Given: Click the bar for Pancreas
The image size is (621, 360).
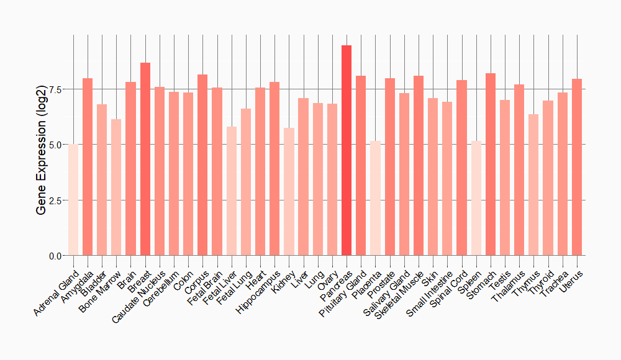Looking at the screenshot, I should pyautogui.click(x=347, y=150).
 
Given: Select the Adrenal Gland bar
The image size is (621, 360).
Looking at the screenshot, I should pyautogui.click(x=73, y=199).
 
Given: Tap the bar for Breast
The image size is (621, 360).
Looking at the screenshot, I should pyautogui.click(x=145, y=159).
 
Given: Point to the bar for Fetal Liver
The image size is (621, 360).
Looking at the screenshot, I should pyautogui.click(x=232, y=191).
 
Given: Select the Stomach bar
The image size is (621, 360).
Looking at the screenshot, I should pyautogui.click(x=491, y=164).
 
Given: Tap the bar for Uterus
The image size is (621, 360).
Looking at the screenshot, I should pyautogui.click(x=577, y=167).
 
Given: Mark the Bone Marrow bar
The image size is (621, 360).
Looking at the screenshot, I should pyautogui.click(x=116, y=187).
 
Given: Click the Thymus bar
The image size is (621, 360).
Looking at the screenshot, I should pyautogui.click(x=533, y=184).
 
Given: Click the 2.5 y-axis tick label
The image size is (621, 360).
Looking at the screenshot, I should pyautogui.click(x=55, y=200).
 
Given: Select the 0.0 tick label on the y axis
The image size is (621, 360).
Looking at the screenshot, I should pyautogui.click(x=55, y=256).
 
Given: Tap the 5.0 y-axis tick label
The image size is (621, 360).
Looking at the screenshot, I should pyautogui.click(x=55, y=145).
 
